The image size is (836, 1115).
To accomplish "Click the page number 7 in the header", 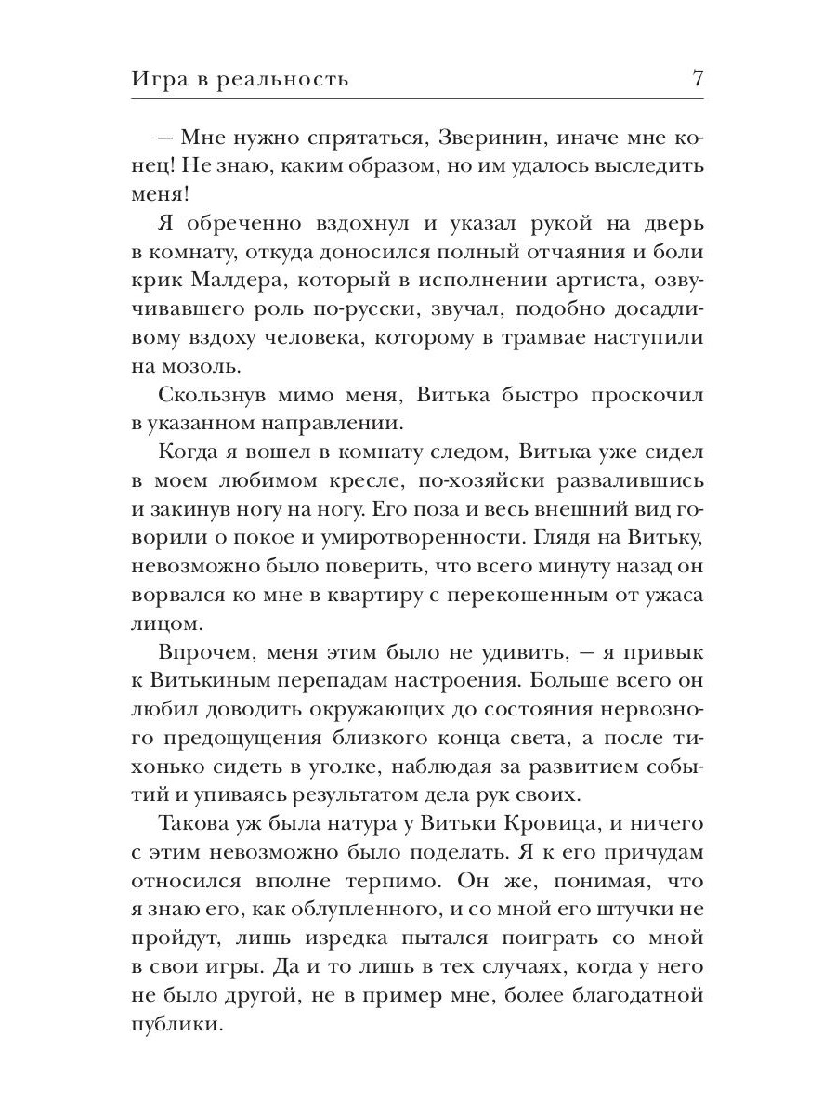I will pyautogui.click(x=698, y=78).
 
